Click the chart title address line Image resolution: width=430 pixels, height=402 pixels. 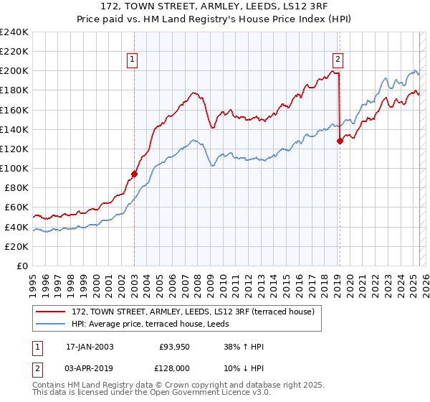pyautogui.click(x=215, y=6)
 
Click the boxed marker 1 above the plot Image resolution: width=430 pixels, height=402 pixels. pyautogui.click(x=134, y=60)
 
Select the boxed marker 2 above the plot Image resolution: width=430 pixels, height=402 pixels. pyautogui.click(x=338, y=60)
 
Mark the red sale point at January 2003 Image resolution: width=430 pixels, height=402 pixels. pyautogui.click(x=134, y=174)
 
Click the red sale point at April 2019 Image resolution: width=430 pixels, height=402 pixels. pyautogui.click(x=340, y=141)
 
